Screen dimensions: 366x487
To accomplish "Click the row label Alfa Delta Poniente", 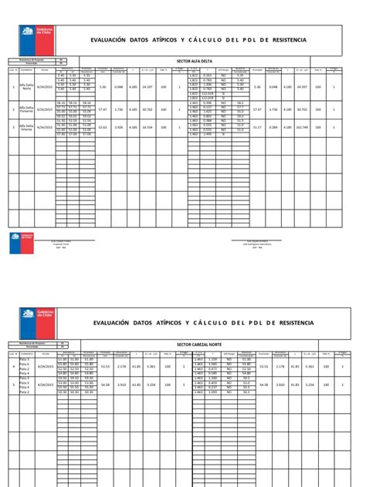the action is tap(27, 109).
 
